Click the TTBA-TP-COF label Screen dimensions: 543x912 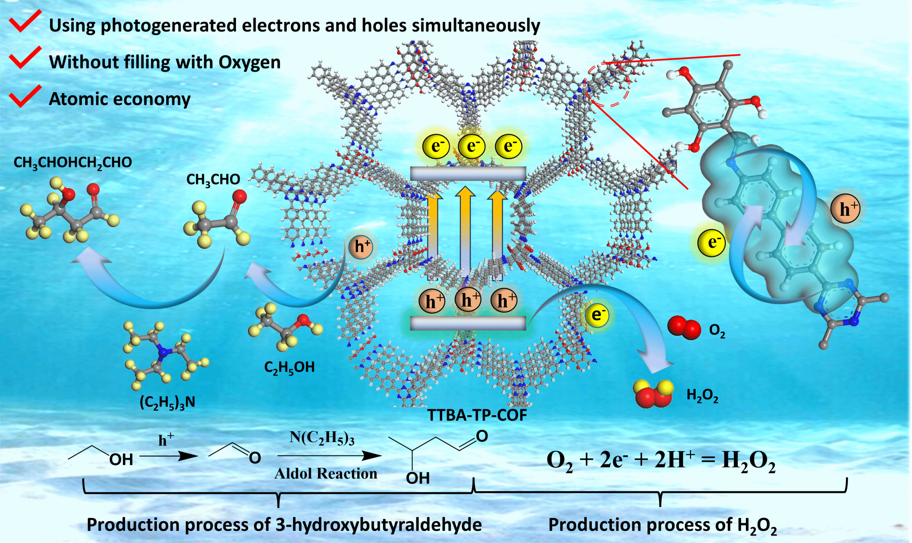(477, 415)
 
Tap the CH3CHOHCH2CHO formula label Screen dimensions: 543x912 (73, 162)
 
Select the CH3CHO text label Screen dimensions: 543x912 (213, 179)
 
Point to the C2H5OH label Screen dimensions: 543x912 (289, 368)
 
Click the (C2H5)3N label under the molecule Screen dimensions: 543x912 (167, 402)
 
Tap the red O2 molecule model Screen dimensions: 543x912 (684, 328)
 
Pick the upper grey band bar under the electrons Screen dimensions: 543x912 (468, 174)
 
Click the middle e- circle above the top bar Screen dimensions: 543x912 (472, 146)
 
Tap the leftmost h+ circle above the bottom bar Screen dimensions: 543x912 (432, 301)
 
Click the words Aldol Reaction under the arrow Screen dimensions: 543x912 (326, 474)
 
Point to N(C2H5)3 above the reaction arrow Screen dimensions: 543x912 (322, 438)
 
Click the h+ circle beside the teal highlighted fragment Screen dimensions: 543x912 (844, 209)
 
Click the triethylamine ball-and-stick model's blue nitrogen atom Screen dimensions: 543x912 (165, 352)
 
